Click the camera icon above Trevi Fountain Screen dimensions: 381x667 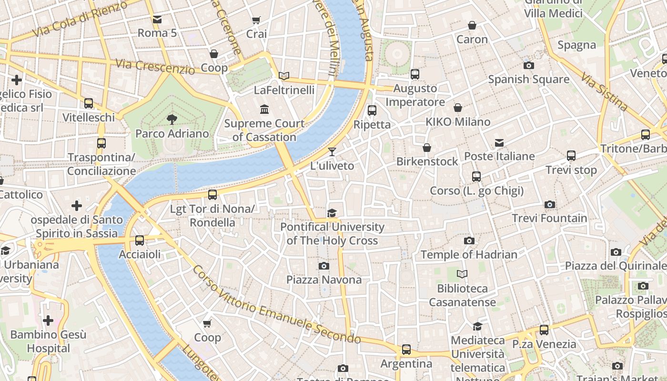[550, 205]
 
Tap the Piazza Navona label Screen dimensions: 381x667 [324, 280]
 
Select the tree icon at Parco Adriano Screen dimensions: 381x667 [172, 120]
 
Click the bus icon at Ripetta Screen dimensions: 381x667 [372, 110]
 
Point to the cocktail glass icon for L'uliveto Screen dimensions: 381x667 [332, 152]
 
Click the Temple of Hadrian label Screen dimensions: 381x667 [469, 254]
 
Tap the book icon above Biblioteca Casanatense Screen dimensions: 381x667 [462, 274]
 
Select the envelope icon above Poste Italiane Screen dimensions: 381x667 [499, 142]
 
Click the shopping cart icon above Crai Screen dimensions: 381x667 [256, 20]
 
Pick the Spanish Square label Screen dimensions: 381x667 [528, 79]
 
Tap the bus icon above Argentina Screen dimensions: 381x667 [406, 350]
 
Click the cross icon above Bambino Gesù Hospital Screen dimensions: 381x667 [48, 321]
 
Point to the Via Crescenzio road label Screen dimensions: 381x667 [155, 67]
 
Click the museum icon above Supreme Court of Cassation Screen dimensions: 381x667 [264, 110]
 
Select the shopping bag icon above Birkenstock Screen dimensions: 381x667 [427, 148]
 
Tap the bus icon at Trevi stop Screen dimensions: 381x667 [571, 156]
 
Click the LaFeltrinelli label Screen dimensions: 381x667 [284, 90]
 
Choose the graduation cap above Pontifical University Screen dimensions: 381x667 [332, 213]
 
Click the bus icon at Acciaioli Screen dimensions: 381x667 [140, 241]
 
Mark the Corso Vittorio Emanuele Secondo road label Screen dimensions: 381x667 [276, 305]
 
